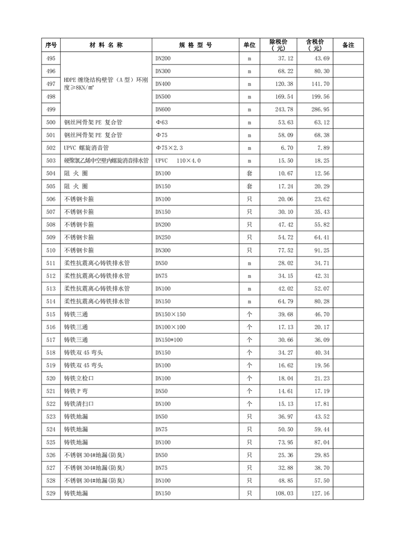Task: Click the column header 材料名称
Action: tap(106, 45)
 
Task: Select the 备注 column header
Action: tap(348, 45)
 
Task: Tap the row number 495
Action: tap(50, 58)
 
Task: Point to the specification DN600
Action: tap(163, 109)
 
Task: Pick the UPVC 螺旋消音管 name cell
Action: tap(87, 148)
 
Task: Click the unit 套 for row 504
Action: tap(249, 173)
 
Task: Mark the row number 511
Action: tap(50, 263)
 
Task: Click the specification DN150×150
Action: tap(170, 314)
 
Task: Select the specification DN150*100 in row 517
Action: tap(169, 340)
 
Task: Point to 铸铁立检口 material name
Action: tap(79, 378)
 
